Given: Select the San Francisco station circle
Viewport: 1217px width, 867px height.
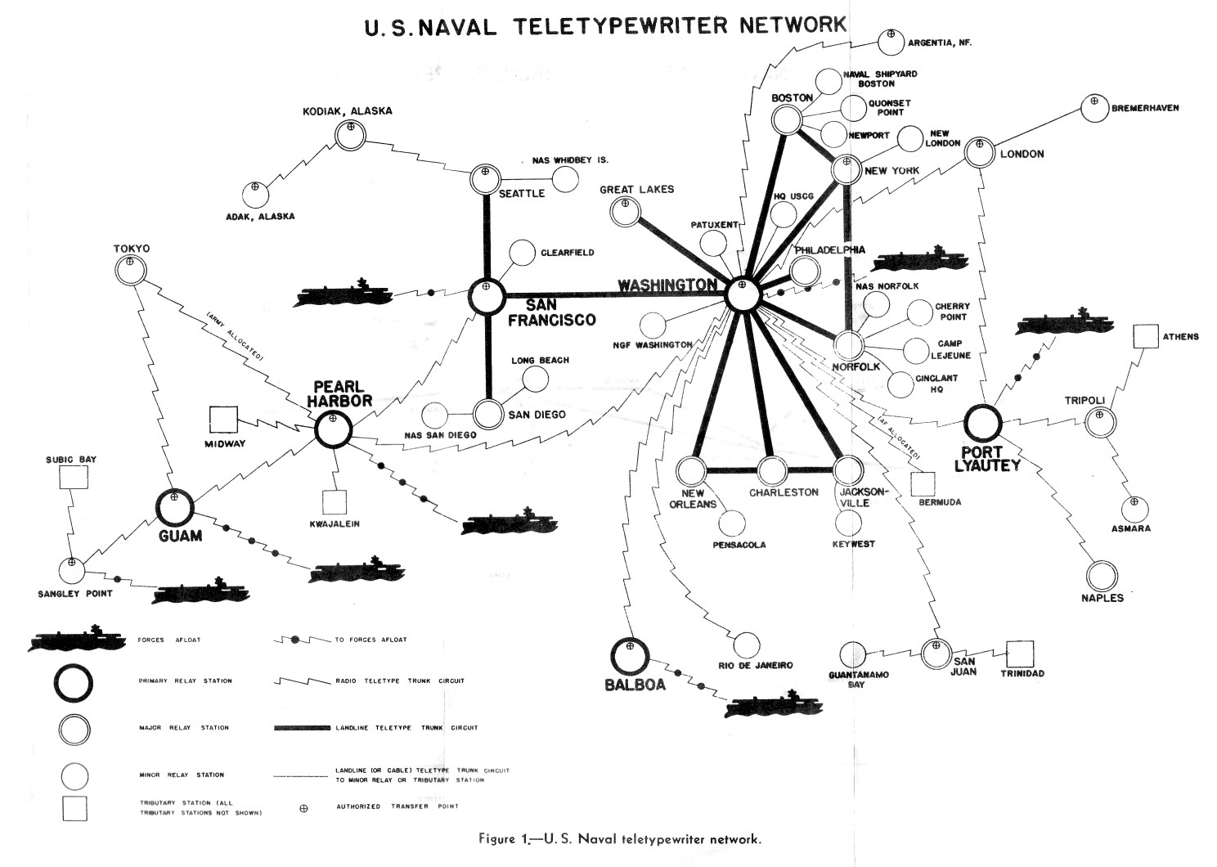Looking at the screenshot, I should coord(487,296).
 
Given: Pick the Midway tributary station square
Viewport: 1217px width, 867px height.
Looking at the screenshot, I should coord(223,420).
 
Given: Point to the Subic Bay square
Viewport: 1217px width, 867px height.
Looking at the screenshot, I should coord(73,476).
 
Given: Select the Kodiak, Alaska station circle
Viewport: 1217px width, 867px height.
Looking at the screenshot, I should coord(350,135).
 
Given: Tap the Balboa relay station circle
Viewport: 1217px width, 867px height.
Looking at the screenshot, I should coord(630,655).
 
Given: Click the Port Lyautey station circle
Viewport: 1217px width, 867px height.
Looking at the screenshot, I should coord(982,422).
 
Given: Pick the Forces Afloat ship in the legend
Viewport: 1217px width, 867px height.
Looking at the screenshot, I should coord(69,640).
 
